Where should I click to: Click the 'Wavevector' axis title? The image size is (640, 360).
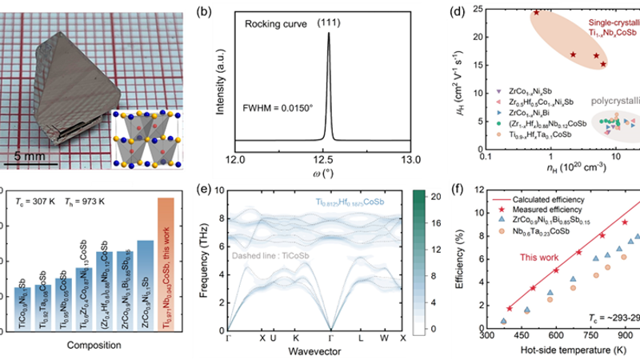(x=318, y=350)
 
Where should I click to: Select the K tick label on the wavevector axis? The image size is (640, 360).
(x=297, y=337)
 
